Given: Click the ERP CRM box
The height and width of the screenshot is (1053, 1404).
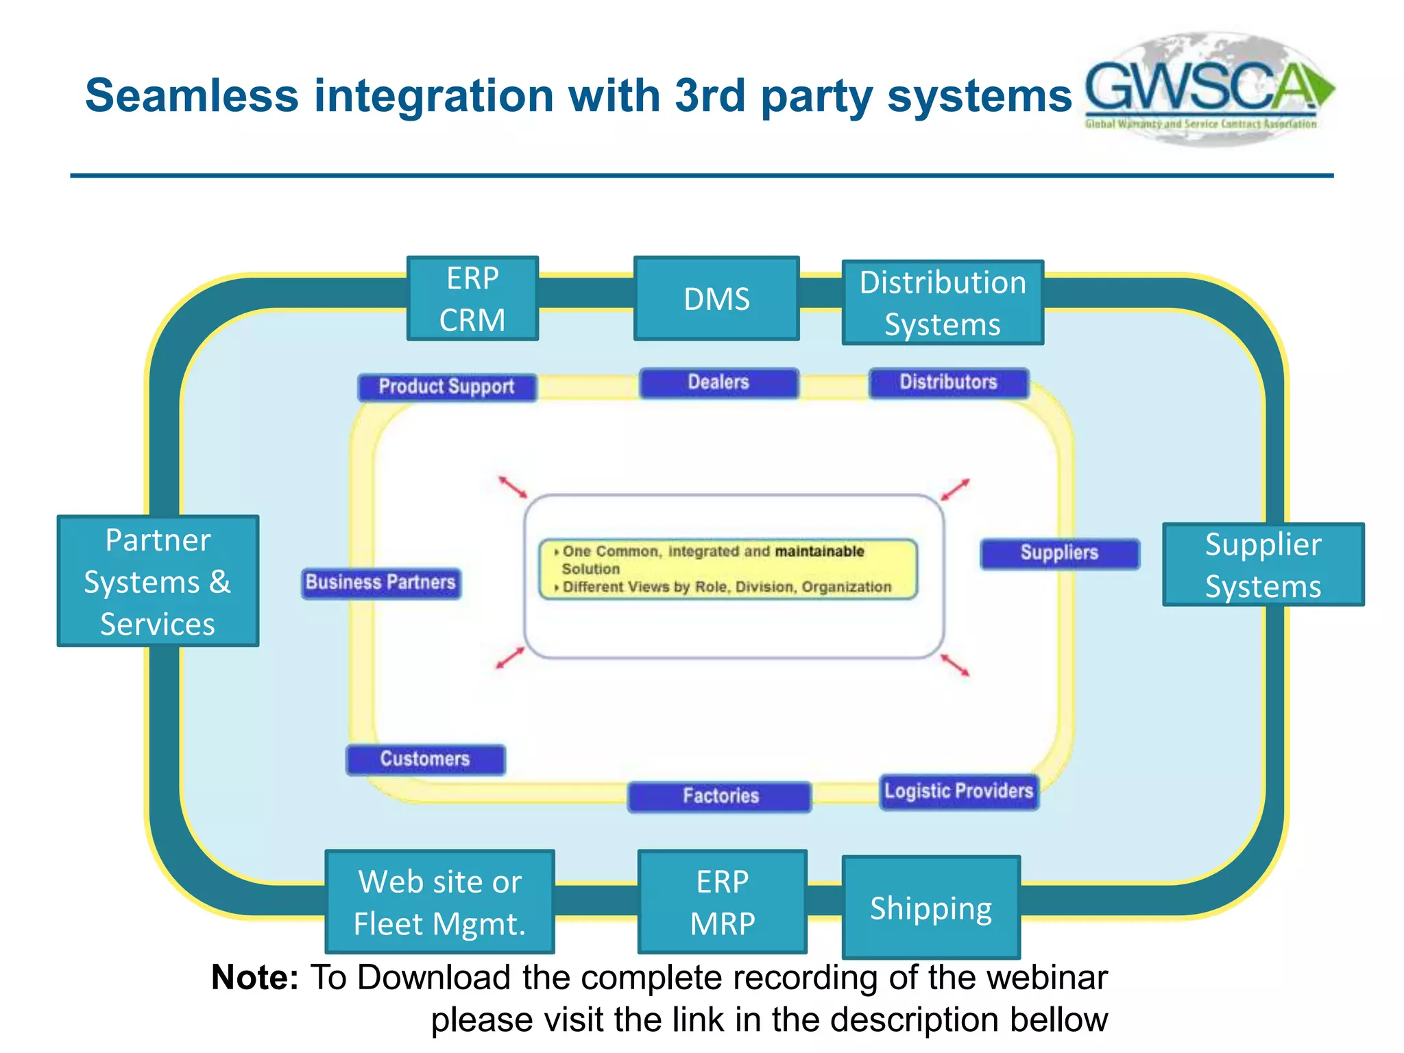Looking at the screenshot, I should click(x=472, y=299).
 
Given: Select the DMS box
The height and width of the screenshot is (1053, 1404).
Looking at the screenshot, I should click(x=716, y=299).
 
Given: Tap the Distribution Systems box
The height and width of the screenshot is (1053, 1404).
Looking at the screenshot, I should click(x=943, y=302).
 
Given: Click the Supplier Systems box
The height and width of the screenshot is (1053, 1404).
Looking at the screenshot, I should click(x=1263, y=565).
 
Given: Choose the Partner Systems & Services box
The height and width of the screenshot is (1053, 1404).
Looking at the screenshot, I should click(x=158, y=581).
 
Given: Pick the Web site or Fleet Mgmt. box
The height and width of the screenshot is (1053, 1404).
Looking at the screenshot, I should click(x=439, y=901).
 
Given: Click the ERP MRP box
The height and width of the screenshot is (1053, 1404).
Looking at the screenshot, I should click(x=722, y=901).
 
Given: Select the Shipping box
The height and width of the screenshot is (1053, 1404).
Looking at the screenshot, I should click(x=931, y=907).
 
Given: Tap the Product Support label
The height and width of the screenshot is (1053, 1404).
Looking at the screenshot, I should click(x=447, y=387).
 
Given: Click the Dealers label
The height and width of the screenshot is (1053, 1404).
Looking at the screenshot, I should click(x=718, y=383).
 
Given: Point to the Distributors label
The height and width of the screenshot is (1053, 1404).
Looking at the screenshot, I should click(x=949, y=383).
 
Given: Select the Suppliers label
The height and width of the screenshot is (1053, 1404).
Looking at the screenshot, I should click(x=1059, y=553).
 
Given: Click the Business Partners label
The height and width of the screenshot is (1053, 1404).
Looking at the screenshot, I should click(x=381, y=583).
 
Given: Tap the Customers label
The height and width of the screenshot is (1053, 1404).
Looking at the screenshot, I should click(x=425, y=760).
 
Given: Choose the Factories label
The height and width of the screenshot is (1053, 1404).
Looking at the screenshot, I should click(x=720, y=797).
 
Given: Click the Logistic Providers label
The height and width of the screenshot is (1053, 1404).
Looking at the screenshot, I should click(x=958, y=792).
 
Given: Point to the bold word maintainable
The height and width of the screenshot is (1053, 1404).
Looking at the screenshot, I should click(x=819, y=551).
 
